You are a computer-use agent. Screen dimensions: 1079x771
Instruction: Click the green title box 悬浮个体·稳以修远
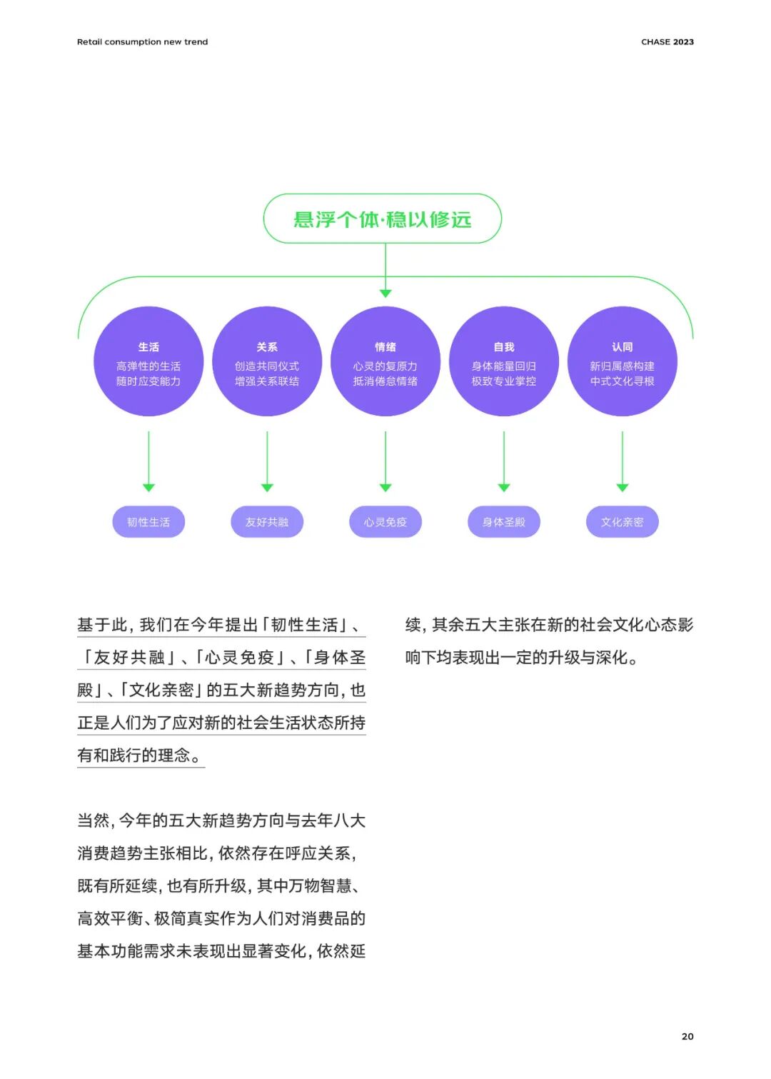[x=383, y=219]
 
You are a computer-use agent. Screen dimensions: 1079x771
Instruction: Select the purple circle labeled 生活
[x=148, y=362]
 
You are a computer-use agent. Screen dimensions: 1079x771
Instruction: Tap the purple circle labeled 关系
[x=267, y=362]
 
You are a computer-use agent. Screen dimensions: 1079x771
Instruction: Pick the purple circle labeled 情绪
[x=385, y=362]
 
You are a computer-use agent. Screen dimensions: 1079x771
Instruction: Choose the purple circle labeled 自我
[x=504, y=362]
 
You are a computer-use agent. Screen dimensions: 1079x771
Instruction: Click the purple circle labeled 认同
[x=623, y=362]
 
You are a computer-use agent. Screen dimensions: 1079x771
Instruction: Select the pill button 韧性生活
[x=148, y=522]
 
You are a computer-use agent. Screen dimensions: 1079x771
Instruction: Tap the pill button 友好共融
[x=267, y=522]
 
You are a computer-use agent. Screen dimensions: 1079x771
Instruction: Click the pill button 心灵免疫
[x=385, y=522]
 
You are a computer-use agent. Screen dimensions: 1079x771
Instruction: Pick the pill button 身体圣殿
[x=504, y=522]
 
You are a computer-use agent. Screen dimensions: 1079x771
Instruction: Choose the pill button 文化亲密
[x=623, y=522]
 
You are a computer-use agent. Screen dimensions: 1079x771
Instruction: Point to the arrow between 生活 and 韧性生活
[x=148, y=461]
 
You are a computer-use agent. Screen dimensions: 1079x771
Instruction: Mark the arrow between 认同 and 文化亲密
[x=623, y=461]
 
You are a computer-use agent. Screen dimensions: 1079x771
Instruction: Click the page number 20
[x=687, y=1036]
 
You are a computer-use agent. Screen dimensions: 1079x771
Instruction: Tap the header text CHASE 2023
[x=667, y=41]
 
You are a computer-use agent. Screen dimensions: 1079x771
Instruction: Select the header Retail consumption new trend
[x=143, y=41]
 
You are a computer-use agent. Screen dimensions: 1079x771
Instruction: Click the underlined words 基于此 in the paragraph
[x=101, y=626]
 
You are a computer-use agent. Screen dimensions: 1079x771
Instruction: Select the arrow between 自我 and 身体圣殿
[x=504, y=461]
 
